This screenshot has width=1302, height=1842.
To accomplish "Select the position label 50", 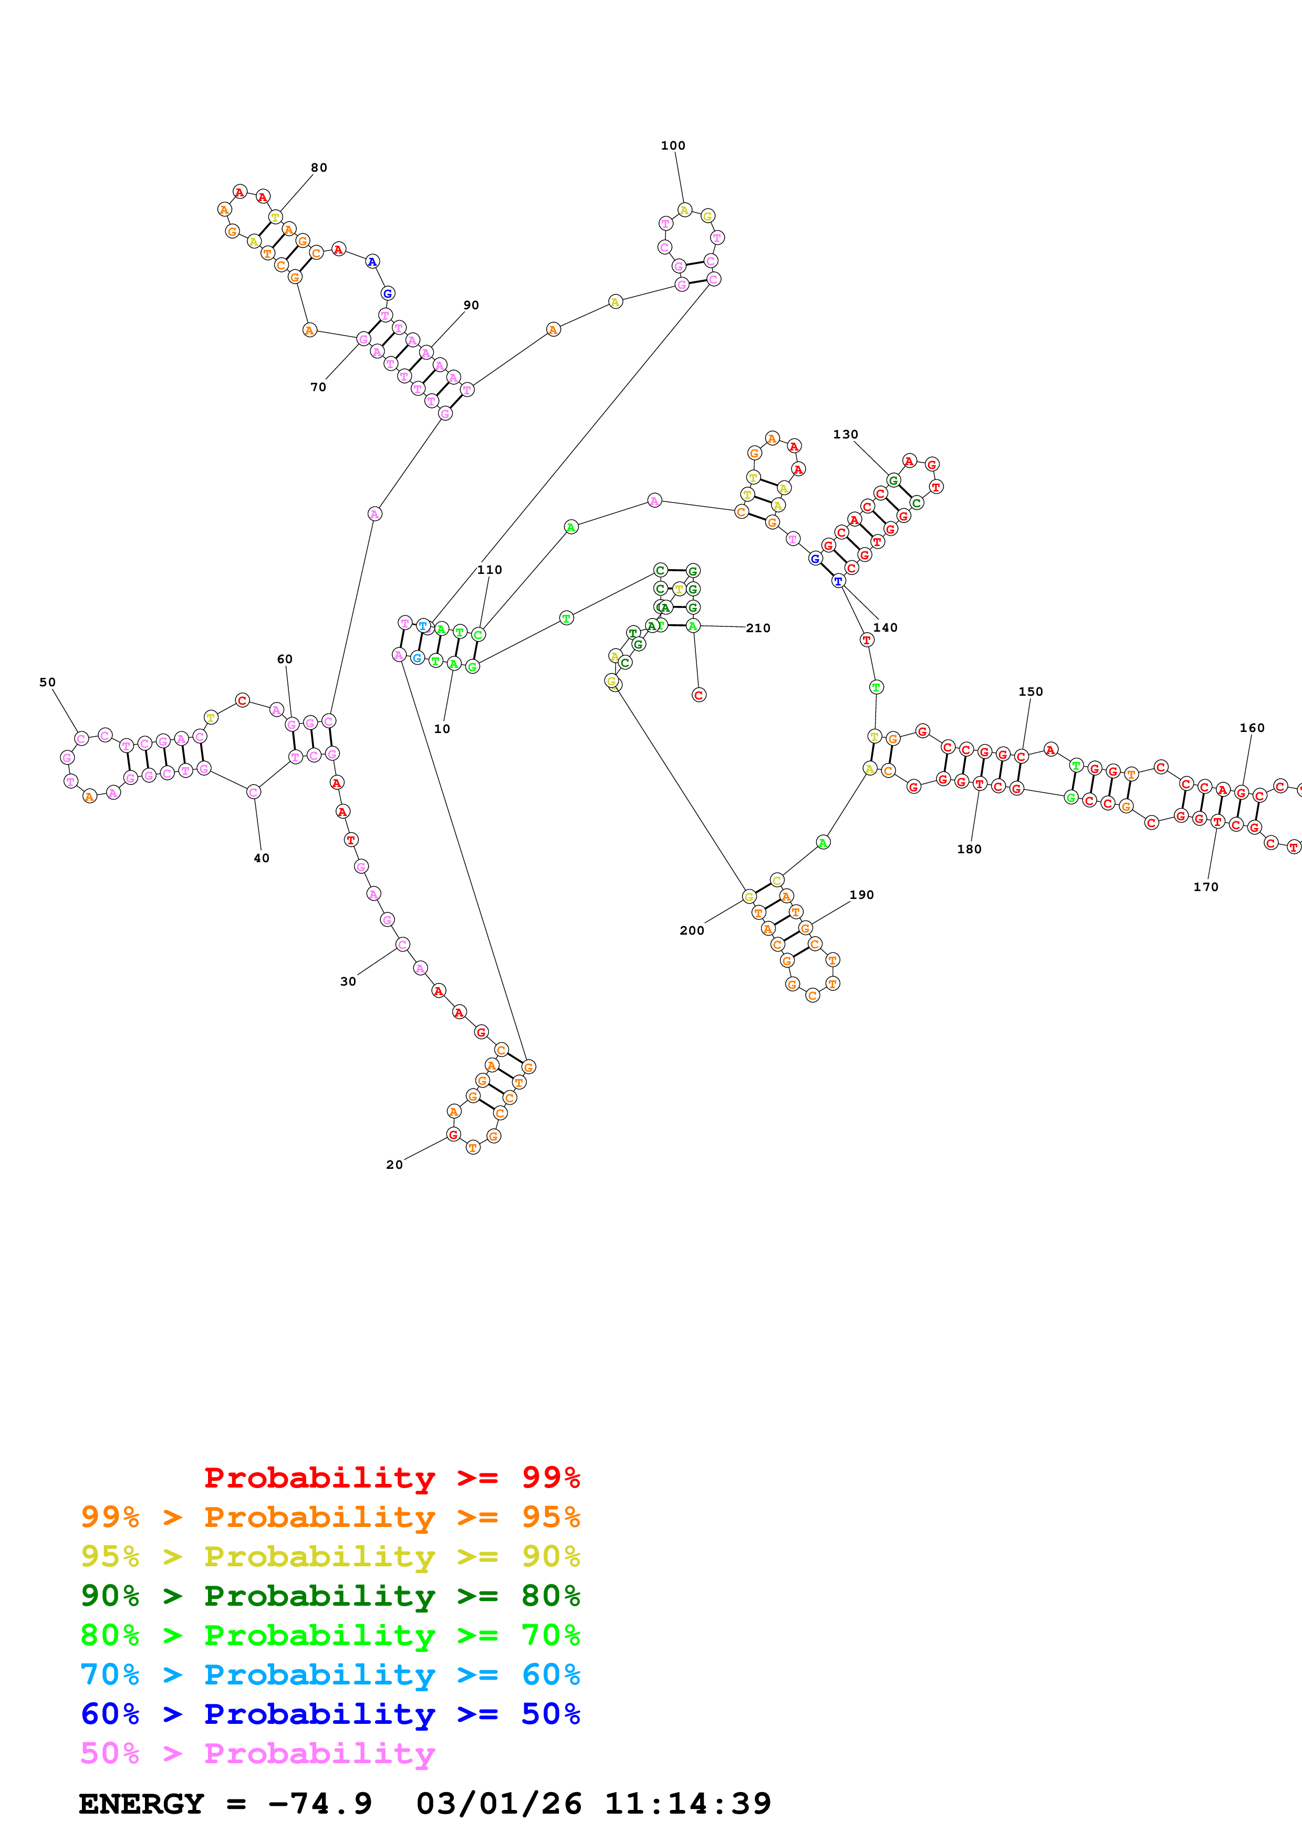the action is point(47,682).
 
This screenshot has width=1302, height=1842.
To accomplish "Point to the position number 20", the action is point(394,1164).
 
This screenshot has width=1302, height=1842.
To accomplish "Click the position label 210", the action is point(757,628).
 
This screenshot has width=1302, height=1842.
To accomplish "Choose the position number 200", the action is point(692,930).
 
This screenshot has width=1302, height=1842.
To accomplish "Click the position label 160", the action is point(1252,728).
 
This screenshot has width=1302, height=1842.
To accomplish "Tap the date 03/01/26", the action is point(498,1804).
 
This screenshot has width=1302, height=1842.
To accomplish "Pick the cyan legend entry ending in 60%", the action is point(330,1675).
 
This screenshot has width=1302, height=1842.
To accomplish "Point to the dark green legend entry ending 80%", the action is point(330,1596).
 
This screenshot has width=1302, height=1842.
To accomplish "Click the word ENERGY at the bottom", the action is point(141,1804).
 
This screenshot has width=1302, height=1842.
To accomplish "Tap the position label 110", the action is point(489,570).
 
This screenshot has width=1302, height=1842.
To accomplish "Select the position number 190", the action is point(861,895).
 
